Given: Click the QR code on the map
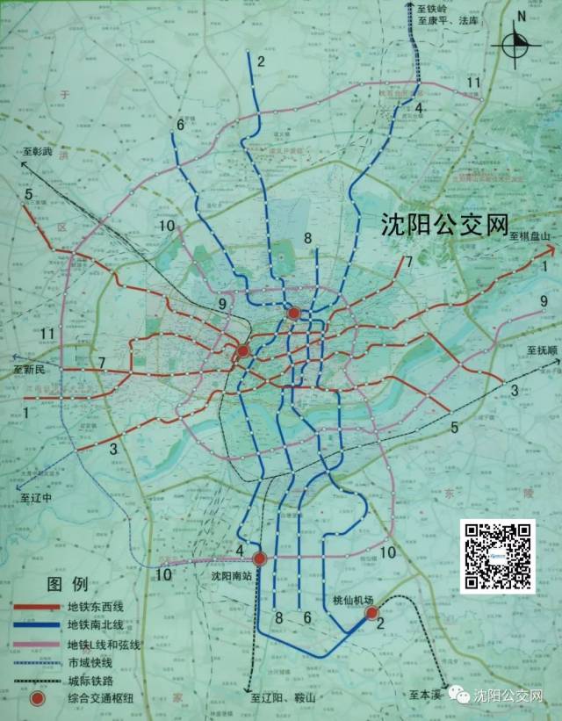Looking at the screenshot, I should pyautogui.click(x=498, y=554).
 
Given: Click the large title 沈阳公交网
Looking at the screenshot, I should pyautogui.click(x=446, y=226).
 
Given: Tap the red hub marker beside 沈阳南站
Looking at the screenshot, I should pyautogui.click(x=260, y=559).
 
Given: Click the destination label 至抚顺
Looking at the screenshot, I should pyautogui.click(x=543, y=350).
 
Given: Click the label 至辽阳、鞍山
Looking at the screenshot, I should pyautogui.click(x=282, y=697).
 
